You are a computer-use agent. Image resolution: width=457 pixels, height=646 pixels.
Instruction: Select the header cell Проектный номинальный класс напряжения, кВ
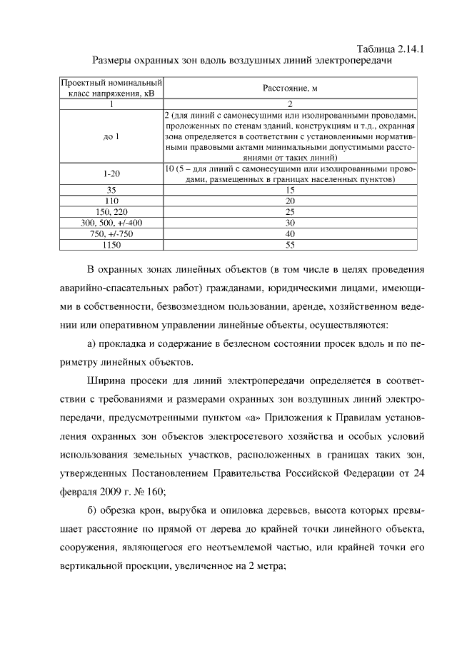click(111, 88)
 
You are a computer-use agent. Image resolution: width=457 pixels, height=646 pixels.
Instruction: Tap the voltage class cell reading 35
click(111, 191)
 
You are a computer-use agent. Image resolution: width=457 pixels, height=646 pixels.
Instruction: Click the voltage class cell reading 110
click(111, 201)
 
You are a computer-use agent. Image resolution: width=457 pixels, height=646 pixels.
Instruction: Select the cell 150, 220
click(111, 212)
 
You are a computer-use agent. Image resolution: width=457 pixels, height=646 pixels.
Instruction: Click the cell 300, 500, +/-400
click(111, 223)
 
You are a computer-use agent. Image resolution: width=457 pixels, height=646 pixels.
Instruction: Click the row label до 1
click(111, 136)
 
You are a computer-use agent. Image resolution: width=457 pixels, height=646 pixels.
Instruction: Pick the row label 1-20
click(111, 174)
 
